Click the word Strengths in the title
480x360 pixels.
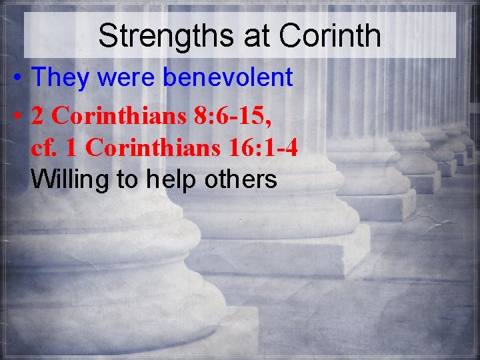coord(166,37)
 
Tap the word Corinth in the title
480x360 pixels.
coord(330,37)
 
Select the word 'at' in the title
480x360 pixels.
coord(257,37)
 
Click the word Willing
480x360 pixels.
coord(68,179)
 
